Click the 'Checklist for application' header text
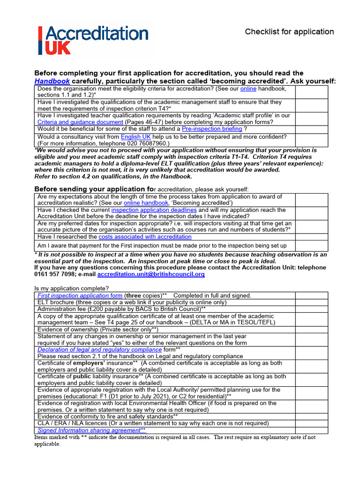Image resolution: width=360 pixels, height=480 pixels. click(x=289, y=32)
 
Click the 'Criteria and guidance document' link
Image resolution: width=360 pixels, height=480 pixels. click(x=80, y=122)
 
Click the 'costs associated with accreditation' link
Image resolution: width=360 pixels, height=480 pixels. click(x=145, y=237)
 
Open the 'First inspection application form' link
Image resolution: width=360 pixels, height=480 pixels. click(x=80, y=296)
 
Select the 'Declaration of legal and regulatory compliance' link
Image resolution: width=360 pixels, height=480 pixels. click(x=99, y=350)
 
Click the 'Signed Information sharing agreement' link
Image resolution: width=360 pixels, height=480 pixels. click(x=91, y=430)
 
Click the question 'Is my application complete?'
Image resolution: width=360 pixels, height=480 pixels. click(x=72, y=288)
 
